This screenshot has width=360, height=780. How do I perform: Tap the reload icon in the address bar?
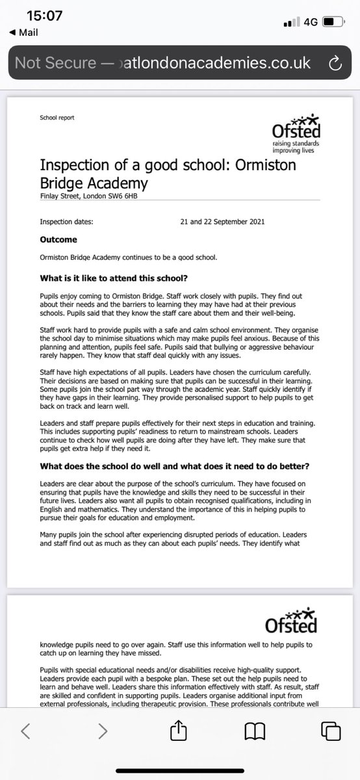tap(335, 63)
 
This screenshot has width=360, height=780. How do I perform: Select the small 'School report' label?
tap(57, 118)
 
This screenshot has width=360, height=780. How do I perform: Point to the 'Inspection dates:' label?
tap(66, 222)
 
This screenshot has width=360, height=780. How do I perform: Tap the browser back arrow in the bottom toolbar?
tap(25, 749)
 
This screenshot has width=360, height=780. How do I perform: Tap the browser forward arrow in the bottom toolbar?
tap(102, 749)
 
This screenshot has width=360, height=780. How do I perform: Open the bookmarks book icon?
tap(255, 749)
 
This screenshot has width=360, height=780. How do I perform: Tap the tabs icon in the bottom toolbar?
tap(331, 749)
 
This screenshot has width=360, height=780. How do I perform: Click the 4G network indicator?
tap(310, 22)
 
